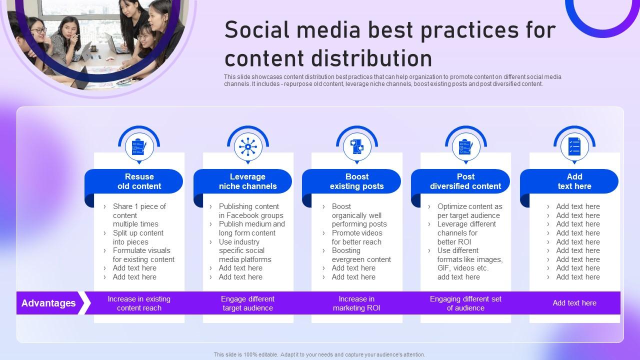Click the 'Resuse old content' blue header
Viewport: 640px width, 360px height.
point(139,181)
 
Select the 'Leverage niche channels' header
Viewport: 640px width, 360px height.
point(247,181)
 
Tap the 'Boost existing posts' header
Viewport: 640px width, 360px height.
point(356,181)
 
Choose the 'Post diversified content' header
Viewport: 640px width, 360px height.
point(465,181)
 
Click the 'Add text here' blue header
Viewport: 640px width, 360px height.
point(574,181)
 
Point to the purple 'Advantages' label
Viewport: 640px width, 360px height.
point(48,303)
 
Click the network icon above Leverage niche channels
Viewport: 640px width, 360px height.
point(248,147)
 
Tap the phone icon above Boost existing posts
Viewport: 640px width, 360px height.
point(357,147)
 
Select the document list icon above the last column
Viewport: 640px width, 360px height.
point(574,147)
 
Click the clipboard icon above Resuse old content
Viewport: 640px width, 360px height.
point(139,147)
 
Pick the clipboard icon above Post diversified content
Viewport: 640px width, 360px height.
point(465,147)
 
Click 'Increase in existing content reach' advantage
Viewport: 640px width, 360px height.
point(139,303)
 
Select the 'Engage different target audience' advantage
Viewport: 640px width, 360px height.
point(247,303)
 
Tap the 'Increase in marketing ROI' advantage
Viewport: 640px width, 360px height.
point(356,303)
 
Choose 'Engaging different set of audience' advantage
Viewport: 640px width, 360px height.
point(465,303)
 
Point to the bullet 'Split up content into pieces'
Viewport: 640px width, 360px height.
point(138,237)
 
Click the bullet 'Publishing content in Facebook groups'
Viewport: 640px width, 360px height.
point(250,211)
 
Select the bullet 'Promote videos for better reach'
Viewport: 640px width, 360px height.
point(356,237)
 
